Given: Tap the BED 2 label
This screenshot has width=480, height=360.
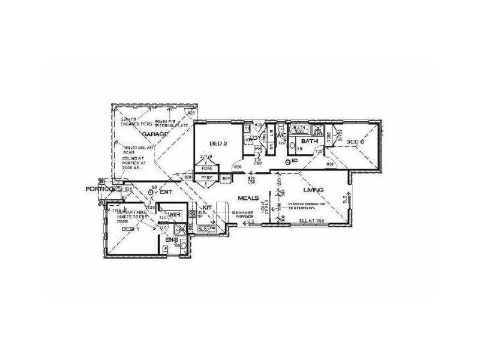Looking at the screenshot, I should tap(217, 143).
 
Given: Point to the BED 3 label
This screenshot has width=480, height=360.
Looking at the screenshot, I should tap(356, 142).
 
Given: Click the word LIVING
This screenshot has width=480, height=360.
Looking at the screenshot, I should tap(313, 190).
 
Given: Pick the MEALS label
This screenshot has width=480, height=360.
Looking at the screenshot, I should tap(248, 197).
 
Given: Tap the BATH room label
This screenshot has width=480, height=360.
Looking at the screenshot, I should tap(309, 142).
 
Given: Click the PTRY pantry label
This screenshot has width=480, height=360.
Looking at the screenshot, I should tap(207, 178).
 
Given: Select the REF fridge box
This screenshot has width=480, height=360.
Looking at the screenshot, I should tap(226, 178).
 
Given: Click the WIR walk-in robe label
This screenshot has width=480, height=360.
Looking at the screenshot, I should tap(175, 214).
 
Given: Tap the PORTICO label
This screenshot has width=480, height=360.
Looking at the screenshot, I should tap(99, 189).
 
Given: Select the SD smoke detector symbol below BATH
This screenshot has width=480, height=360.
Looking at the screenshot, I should tap(289, 161).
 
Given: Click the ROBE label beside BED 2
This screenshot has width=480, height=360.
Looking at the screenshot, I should tap(208, 169).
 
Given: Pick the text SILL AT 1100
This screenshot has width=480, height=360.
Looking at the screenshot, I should tap(311, 221).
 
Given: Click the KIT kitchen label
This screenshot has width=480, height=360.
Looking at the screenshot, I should tap(207, 207).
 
